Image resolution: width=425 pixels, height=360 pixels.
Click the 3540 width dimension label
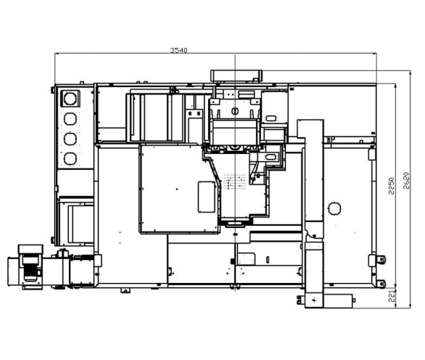pos(178,50)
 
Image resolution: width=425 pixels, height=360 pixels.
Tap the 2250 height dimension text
pos(391,186)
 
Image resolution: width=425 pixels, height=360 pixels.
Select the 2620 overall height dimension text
pos(406,181)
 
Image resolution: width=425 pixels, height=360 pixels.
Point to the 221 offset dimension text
pos(392,296)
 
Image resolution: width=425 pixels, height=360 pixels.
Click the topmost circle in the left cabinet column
pos(70,99)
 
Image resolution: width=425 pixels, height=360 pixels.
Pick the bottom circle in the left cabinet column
pos(70,158)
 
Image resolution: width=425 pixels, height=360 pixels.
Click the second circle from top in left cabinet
pos(70,119)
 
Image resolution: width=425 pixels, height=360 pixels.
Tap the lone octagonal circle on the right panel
pos(334,208)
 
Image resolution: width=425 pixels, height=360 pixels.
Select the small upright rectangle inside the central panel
pos(207,197)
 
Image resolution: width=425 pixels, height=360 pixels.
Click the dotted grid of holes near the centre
pos(235,181)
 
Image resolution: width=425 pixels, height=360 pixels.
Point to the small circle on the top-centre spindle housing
pos(235,111)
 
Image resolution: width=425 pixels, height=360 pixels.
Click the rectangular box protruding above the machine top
pos(236,75)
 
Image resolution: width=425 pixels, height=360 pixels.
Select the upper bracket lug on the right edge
pos(381,260)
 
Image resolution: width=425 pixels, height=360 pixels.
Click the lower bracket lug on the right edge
pos(381,284)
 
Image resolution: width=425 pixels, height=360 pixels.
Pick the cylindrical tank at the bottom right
pos(338,300)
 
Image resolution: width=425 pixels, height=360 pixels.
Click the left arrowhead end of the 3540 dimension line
pos(55,54)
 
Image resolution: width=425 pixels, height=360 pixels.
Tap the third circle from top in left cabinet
pos(70,139)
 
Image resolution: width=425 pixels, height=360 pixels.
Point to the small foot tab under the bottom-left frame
pos(125,290)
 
